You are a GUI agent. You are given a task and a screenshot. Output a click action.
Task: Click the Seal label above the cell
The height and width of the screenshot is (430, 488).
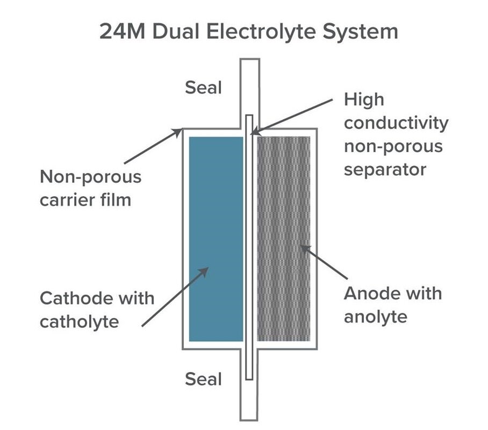coord(203,87)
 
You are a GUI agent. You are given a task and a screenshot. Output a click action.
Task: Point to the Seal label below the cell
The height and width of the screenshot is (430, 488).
coord(203,379)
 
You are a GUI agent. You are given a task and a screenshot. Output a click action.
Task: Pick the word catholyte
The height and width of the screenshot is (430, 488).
coord(80,321)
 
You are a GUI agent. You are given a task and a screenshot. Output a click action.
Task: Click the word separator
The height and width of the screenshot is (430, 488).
coord(385,169)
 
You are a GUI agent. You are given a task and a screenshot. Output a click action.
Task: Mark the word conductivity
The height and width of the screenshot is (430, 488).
coord(396,123)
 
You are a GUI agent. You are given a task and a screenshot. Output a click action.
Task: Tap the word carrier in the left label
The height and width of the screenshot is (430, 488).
coord(66,200)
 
